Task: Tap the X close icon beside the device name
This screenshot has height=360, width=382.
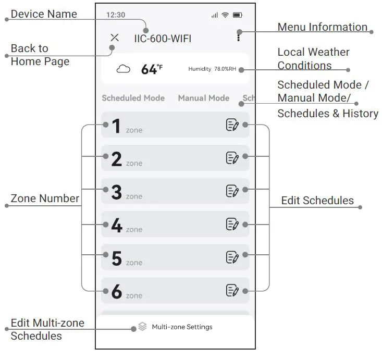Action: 115,38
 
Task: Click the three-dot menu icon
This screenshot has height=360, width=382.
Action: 239,36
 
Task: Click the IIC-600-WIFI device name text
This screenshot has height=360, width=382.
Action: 163,39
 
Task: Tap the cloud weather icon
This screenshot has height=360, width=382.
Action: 124,69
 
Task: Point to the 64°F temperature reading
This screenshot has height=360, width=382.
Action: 152,69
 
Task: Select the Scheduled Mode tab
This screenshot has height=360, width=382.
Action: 133,98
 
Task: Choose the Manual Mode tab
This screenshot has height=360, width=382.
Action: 203,98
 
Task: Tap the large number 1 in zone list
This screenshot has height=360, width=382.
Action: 116,126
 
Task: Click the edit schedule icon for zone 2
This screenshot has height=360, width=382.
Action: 232,158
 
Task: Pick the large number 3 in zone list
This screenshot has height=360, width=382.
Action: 116,192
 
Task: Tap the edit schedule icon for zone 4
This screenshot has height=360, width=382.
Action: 232,224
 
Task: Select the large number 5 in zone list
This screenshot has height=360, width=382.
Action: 116,258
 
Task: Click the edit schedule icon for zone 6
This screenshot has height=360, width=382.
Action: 232,290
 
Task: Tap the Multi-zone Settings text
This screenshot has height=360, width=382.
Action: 182,327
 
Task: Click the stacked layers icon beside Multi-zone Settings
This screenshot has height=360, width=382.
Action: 142,327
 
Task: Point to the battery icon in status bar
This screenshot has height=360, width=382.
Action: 238,15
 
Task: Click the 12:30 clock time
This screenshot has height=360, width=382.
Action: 115,15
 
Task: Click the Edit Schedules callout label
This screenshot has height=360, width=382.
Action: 317,201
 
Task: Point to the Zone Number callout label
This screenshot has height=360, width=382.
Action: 45,198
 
